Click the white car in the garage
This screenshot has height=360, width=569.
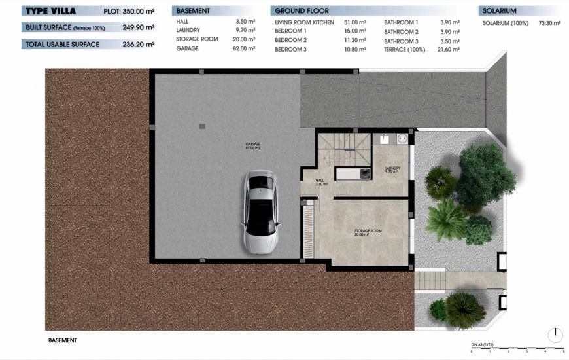pos(262,213)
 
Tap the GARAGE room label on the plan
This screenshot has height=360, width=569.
pos(252,145)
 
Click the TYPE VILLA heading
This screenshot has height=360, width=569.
pos(50,11)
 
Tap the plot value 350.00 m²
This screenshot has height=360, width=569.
pos(139,12)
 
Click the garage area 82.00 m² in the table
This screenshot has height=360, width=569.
pos(246,49)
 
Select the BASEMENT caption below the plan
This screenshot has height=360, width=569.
pos(63,340)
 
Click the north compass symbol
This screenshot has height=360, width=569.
pos(555,334)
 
